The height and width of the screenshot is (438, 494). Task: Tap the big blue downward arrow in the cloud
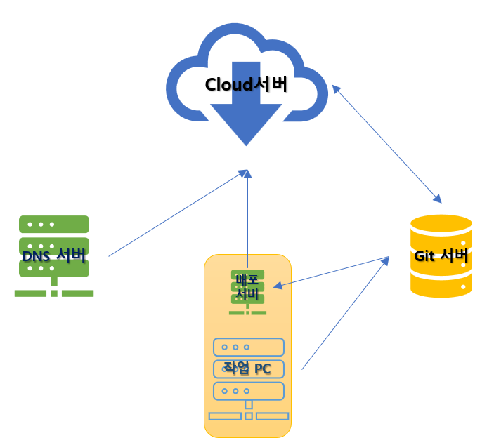point(246,116)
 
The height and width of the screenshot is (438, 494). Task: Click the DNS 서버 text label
point(54,256)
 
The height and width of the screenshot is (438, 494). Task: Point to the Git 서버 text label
point(441,255)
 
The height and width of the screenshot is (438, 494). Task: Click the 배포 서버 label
point(247,287)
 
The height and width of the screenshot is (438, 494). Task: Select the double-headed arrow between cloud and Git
point(386,144)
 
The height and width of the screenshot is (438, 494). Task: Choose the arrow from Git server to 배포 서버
point(330,272)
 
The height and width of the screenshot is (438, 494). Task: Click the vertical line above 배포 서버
point(247,218)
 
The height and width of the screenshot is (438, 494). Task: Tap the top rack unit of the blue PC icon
point(249,347)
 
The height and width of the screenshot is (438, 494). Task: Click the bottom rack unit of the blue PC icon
point(249,390)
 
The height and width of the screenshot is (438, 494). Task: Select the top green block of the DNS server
point(54,225)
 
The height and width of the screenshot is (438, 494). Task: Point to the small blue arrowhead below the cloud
point(245,173)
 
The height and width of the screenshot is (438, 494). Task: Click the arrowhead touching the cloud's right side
point(336,89)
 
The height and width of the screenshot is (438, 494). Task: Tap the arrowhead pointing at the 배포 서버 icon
point(278,285)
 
